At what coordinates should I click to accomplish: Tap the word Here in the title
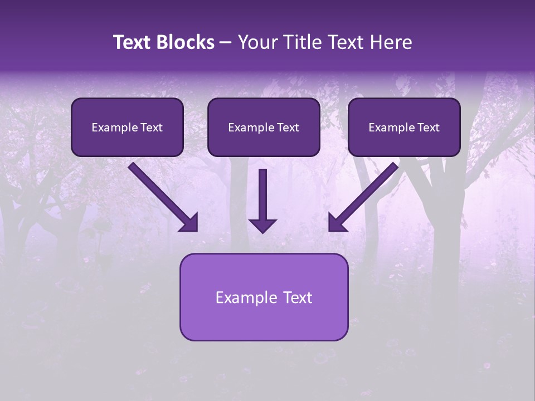(391, 42)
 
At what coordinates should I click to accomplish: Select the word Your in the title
(256, 42)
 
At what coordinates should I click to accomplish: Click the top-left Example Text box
(127, 127)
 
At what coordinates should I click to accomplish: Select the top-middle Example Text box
(264, 127)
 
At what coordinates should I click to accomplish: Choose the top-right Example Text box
(404, 127)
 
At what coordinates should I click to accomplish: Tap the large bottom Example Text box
(264, 297)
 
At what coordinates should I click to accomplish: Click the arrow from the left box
(162, 195)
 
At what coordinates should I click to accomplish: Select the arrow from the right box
(365, 195)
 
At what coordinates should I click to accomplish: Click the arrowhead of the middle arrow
(262, 225)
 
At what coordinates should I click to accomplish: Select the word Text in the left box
(151, 128)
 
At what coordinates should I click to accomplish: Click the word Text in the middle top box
(288, 128)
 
